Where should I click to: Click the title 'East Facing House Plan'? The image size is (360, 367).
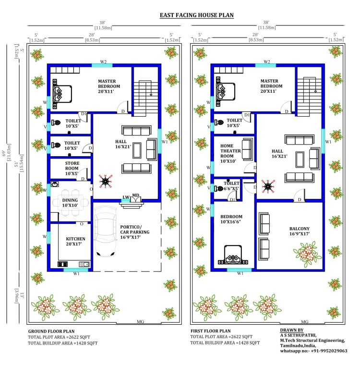197,15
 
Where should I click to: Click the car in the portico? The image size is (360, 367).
106,231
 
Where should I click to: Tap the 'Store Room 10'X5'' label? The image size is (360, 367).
72,168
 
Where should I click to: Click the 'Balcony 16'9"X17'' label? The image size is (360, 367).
300,231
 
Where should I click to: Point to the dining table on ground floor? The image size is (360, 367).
70,202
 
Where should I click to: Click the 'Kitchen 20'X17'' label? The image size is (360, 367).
75,241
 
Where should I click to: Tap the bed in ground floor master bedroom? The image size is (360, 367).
62,94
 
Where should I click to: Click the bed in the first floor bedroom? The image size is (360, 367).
233,255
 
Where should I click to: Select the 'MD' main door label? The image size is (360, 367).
136,195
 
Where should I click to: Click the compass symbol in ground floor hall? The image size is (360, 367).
106,181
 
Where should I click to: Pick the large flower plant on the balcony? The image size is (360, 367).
307,255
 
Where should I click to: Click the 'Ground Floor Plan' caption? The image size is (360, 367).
51,331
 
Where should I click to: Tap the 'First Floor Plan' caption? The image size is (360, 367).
211,331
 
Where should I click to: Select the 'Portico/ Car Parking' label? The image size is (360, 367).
135,230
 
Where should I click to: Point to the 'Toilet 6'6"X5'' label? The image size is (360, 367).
231,186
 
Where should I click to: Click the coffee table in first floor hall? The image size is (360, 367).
300,159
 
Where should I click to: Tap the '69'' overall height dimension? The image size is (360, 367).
4,154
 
